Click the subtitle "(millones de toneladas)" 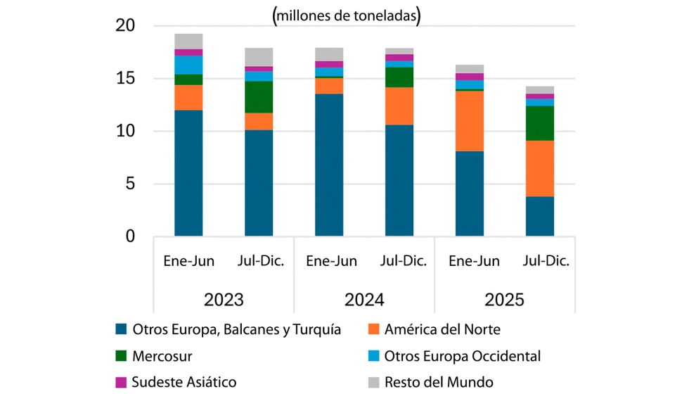pyautogui.click(x=344, y=16)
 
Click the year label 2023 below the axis pyautogui.click(x=224, y=300)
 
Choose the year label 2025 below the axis pyautogui.click(x=504, y=300)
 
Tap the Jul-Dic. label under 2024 pyautogui.click(x=403, y=262)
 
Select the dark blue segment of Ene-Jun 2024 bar pyautogui.click(x=329, y=165)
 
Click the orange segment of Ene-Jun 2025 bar pyautogui.click(x=470, y=121)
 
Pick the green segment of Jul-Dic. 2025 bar pyautogui.click(x=540, y=123)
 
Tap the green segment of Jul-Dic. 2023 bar pyautogui.click(x=259, y=97)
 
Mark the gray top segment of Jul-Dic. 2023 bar pyautogui.click(x=259, y=57)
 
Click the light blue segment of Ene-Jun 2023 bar pyautogui.click(x=188, y=65)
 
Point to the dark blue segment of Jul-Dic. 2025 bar pyautogui.click(x=540, y=216)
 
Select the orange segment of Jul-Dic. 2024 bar pyautogui.click(x=399, y=106)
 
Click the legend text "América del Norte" pyautogui.click(x=443, y=329)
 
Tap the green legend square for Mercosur pyautogui.click(x=120, y=356)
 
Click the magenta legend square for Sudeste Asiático pyautogui.click(x=120, y=382)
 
